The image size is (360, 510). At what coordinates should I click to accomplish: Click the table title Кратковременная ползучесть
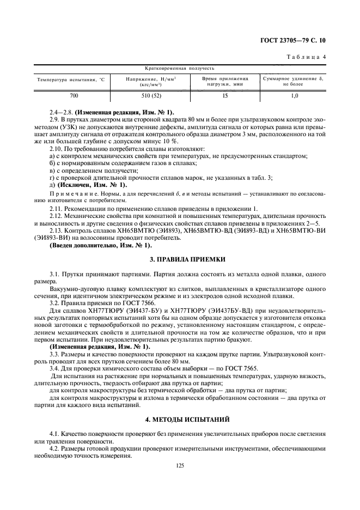click(x=179, y=69)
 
